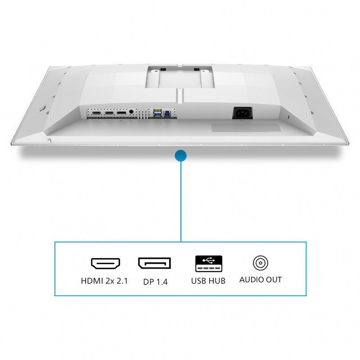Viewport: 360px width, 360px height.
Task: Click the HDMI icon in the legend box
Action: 105,263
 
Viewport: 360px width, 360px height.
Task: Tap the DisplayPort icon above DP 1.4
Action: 154,263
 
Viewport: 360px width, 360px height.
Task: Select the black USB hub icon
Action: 209,264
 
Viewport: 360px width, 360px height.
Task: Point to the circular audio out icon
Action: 261,263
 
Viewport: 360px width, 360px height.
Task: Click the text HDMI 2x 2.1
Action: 104,281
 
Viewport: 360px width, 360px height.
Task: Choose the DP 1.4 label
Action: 155,282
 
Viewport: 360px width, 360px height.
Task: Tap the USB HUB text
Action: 208,281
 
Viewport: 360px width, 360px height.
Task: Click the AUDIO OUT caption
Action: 261,279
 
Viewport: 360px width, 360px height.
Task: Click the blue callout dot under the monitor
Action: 181,156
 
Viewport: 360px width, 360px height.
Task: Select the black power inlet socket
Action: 243,113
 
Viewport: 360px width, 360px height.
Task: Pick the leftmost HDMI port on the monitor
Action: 96,113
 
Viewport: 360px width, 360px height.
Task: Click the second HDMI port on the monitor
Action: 109,113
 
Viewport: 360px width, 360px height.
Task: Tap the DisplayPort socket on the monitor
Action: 121,113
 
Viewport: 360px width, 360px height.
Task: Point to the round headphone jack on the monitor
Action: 131,112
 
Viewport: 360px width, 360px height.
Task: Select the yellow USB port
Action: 158,111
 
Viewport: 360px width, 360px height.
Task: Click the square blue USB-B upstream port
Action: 167,113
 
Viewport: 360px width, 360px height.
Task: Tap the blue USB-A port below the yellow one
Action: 158,114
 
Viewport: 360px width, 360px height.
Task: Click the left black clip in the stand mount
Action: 163,69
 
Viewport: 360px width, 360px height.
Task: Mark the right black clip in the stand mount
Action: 197,69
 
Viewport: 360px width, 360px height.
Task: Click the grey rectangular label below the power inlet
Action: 246,127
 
